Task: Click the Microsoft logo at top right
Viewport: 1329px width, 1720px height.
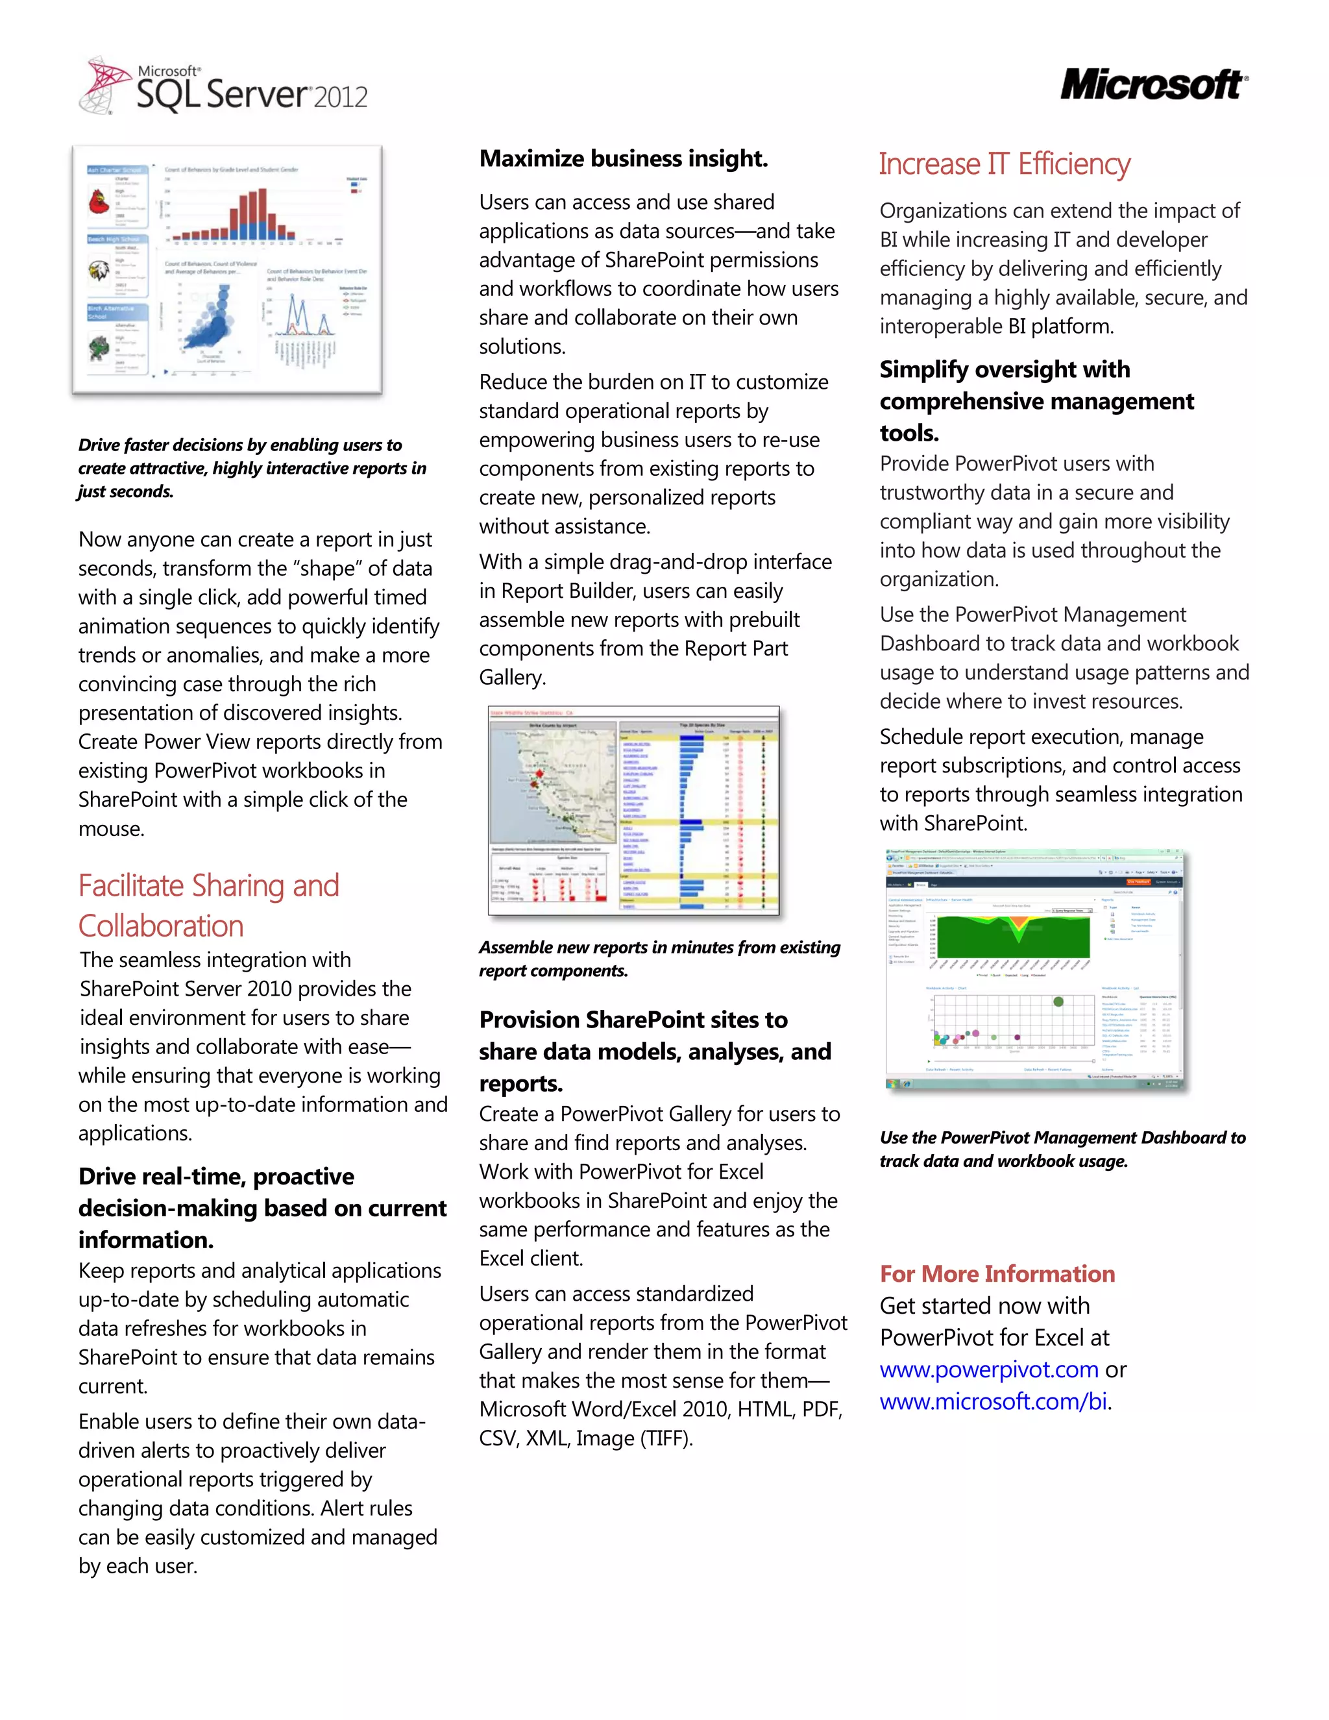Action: [1152, 85]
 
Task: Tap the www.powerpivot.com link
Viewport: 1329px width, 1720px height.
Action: [989, 1370]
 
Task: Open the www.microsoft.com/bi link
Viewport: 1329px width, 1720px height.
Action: [994, 1402]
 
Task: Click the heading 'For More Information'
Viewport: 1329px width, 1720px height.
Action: [997, 1274]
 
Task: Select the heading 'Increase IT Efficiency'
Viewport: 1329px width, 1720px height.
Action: [1004, 165]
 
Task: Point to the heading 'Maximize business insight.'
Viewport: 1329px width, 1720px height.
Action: [624, 159]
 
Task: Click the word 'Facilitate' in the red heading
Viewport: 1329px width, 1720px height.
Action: [141, 886]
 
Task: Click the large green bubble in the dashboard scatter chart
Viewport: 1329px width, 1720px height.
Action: [1058, 1001]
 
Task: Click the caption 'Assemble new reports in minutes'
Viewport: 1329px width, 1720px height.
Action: [659, 959]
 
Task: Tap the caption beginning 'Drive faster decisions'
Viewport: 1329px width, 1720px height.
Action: [252, 468]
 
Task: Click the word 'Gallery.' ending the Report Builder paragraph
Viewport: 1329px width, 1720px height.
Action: [513, 678]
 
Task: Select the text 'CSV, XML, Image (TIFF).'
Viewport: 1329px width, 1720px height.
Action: [586, 1439]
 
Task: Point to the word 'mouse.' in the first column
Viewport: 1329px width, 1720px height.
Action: [111, 829]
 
